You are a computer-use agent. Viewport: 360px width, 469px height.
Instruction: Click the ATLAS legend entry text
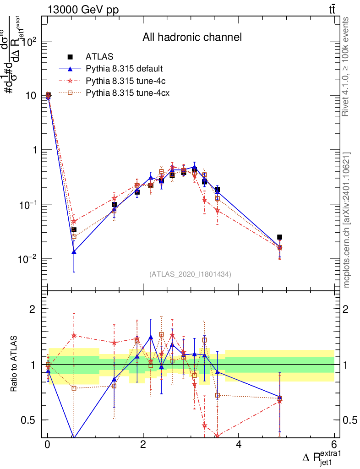coord(99,57)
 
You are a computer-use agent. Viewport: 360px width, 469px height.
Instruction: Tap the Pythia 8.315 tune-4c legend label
coord(125,81)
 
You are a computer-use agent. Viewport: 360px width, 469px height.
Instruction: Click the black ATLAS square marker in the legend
coord(70,57)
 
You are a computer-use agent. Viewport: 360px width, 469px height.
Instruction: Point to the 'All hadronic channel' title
coord(191,37)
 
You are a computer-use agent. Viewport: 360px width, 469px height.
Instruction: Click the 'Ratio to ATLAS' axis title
coord(14,364)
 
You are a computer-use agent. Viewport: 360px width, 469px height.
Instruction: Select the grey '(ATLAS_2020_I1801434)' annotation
coord(190,274)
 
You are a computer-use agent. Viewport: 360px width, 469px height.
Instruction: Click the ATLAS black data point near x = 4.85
coord(279,237)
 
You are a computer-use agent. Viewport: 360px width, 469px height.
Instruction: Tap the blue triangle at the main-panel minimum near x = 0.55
coord(74,251)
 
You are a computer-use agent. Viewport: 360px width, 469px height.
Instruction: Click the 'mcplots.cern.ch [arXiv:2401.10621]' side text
coord(347,220)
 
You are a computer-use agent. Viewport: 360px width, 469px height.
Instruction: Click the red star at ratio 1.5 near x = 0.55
coord(74,335)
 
